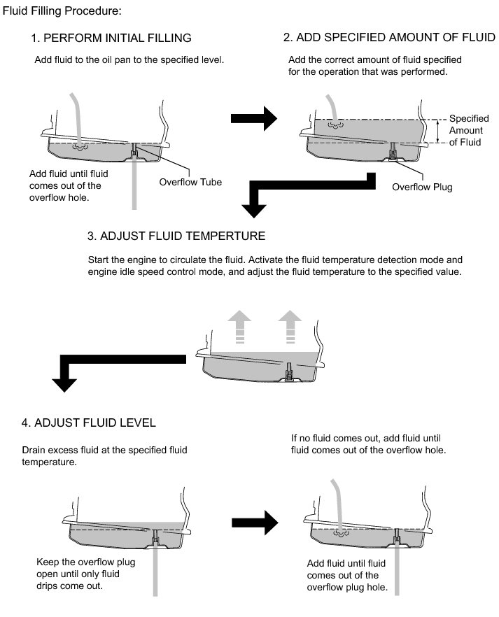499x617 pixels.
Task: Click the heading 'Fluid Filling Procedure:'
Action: (x=62, y=12)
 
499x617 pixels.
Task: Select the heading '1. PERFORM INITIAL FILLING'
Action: (x=111, y=38)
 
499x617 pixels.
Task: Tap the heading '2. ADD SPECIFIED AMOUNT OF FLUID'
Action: (x=388, y=37)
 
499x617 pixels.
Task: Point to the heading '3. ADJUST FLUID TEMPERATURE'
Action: (x=176, y=235)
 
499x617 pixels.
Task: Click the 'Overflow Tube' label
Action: (x=190, y=182)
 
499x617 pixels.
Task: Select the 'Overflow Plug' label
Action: (x=422, y=187)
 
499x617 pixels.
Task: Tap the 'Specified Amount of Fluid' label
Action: (x=468, y=131)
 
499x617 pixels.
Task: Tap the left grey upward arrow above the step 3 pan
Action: (x=240, y=326)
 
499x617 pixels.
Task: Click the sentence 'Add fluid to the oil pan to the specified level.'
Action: (x=129, y=60)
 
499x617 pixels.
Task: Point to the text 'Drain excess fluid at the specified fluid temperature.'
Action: (x=105, y=455)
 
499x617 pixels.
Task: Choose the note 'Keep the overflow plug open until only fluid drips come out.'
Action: (x=85, y=574)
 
